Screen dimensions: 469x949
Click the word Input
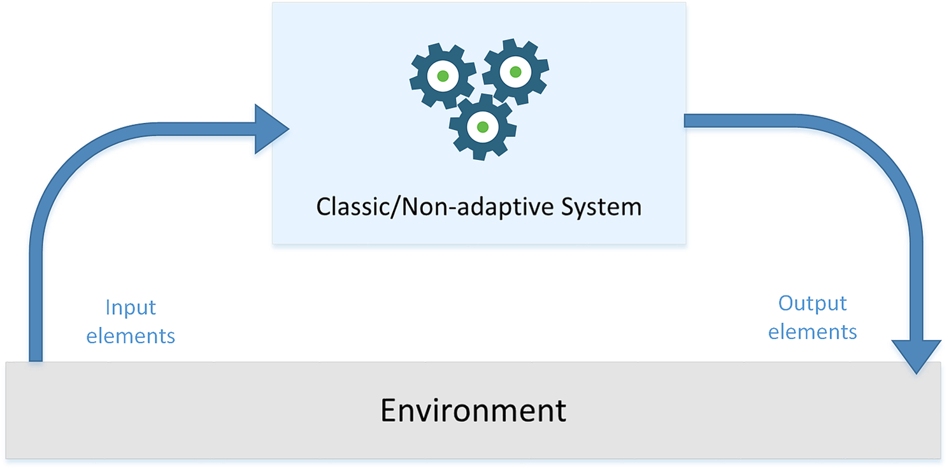coord(131,308)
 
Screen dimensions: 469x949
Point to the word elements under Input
coord(131,335)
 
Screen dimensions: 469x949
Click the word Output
coord(813,303)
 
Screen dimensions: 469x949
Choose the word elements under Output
coord(813,331)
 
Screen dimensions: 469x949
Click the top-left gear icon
coord(443,76)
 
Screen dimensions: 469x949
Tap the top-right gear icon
coord(515,72)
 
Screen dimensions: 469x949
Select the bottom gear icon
coord(482,127)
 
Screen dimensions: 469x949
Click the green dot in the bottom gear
coord(482,127)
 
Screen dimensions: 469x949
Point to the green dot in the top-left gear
coord(443,76)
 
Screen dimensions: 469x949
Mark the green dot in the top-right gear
coord(515,72)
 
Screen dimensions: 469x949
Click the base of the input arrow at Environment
coord(36,354)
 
